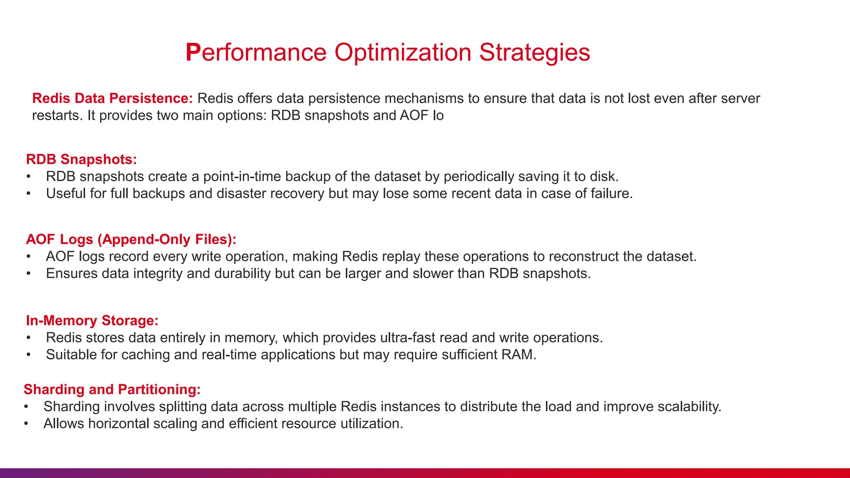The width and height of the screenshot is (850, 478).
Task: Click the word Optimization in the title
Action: click(x=403, y=53)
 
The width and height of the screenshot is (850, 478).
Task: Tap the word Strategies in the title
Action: click(x=535, y=53)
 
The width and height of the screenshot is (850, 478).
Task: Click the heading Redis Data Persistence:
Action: click(x=112, y=98)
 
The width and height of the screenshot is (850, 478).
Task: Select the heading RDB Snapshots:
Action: click(x=81, y=159)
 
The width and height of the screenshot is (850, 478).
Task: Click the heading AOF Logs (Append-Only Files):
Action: click(x=131, y=239)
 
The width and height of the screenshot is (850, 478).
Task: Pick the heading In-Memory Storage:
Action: click(x=92, y=320)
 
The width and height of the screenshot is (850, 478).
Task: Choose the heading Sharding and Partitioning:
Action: click(x=112, y=389)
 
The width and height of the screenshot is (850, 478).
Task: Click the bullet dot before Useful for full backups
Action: click(x=28, y=194)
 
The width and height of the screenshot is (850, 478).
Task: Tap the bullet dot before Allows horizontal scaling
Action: click(x=26, y=424)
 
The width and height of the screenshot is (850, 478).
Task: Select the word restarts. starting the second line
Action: click(x=58, y=115)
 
